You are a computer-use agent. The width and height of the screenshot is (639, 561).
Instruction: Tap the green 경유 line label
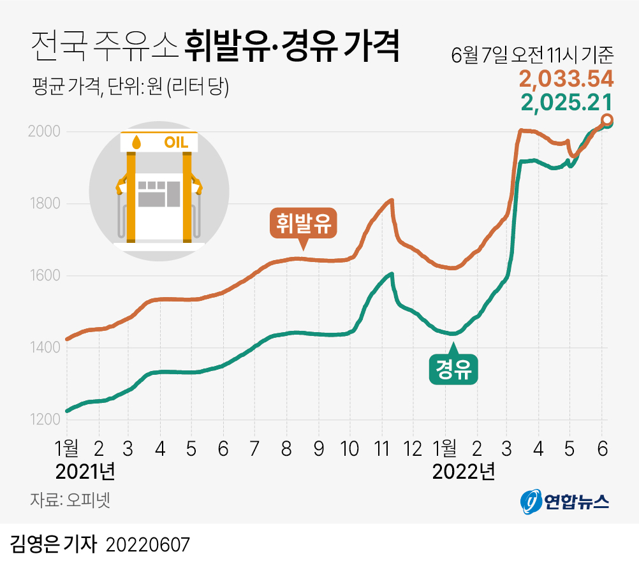(453, 369)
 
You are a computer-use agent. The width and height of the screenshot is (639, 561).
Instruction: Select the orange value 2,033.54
(566, 80)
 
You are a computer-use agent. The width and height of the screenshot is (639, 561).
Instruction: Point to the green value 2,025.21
(567, 102)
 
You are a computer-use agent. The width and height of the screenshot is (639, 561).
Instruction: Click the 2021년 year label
(85, 472)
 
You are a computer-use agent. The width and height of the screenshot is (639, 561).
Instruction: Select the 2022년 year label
(463, 472)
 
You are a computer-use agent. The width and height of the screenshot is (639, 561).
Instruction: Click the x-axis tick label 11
(381, 448)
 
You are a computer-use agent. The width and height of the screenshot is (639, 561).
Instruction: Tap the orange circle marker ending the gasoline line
(608, 120)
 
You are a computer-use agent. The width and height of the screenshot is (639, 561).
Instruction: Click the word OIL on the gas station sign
(177, 142)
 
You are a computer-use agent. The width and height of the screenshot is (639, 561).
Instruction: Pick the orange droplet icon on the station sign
(135, 142)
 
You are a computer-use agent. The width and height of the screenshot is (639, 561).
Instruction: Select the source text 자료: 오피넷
(70, 499)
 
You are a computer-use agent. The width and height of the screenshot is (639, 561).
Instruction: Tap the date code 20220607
(148, 545)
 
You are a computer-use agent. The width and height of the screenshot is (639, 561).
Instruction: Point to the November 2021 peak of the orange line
(392, 200)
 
